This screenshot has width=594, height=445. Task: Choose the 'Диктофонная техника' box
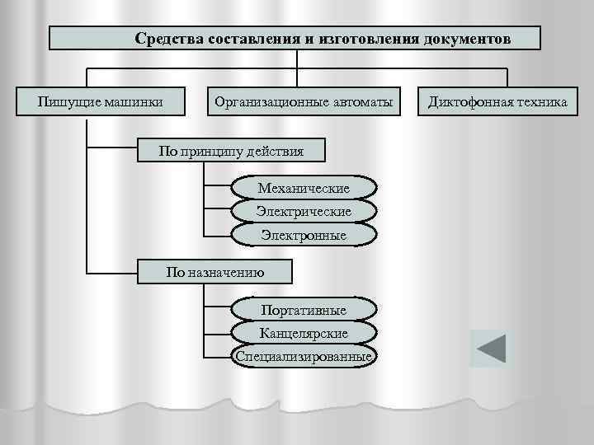[497, 102]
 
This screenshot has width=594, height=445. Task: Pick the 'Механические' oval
[304, 189]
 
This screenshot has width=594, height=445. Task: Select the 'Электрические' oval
[304, 212]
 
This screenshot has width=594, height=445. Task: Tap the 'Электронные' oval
[304, 236]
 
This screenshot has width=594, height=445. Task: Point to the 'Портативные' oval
[304, 310]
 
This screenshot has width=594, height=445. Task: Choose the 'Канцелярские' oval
[304, 334]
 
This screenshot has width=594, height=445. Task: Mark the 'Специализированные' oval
[304, 357]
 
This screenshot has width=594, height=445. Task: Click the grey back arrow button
[491, 349]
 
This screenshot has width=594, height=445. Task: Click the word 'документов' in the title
[467, 39]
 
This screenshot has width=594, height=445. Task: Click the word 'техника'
[540, 102]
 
